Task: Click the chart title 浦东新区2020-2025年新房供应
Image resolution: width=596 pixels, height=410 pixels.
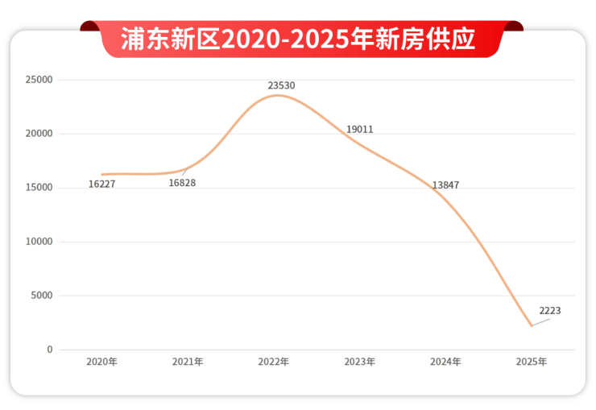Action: click(x=298, y=39)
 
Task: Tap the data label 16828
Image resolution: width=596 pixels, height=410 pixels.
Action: click(x=182, y=183)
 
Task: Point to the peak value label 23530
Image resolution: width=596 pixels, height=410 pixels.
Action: click(x=281, y=85)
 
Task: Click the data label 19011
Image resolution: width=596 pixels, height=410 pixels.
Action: click(x=359, y=130)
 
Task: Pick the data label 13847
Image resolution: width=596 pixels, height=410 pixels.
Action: click(x=445, y=185)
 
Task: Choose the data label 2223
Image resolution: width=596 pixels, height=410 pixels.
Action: click(x=550, y=311)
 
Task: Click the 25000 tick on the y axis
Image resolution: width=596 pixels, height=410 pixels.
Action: click(x=39, y=80)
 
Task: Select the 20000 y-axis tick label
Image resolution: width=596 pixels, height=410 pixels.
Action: click(x=39, y=134)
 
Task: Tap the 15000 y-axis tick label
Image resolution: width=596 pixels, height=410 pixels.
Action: click(x=39, y=188)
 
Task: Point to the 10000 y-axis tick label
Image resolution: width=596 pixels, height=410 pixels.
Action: click(x=39, y=242)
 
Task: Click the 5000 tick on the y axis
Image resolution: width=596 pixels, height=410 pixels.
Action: click(x=41, y=296)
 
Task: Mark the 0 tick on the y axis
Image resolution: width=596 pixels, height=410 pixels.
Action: click(x=49, y=350)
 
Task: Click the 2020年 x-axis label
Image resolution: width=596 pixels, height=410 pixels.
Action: click(x=101, y=362)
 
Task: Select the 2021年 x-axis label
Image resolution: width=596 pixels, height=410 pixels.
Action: click(x=188, y=362)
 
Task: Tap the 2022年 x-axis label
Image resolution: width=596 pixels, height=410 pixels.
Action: click(x=274, y=362)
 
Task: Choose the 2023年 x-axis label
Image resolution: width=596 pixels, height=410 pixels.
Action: click(x=359, y=362)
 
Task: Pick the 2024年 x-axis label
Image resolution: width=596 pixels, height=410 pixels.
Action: click(x=445, y=362)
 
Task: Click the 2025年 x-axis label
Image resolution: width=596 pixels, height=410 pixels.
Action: click(x=532, y=362)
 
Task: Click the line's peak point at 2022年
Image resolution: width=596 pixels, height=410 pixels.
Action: click(x=276, y=95)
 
